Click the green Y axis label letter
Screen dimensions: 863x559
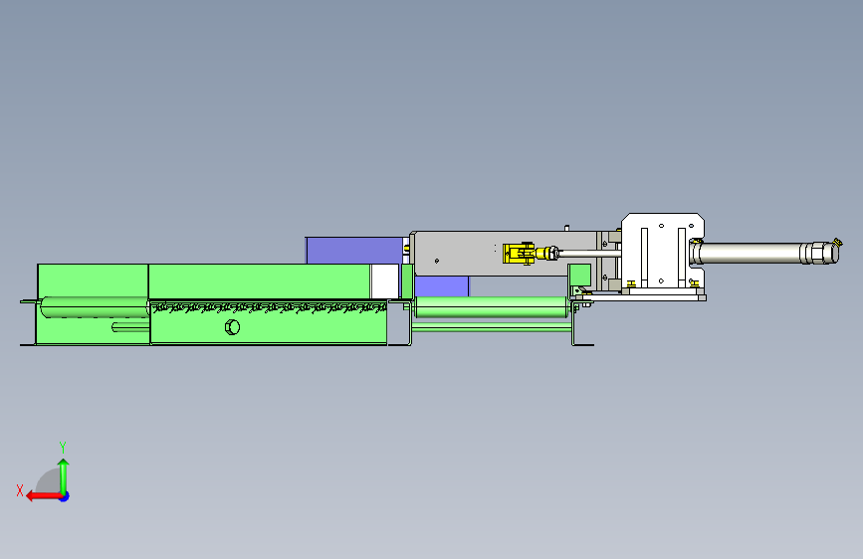tap(63, 447)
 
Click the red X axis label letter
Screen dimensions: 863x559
tap(20, 490)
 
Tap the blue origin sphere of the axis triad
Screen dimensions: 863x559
tap(65, 496)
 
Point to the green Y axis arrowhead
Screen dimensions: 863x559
tap(64, 464)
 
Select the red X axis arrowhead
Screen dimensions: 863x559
tap(31, 496)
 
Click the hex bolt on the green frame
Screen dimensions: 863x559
tap(232, 327)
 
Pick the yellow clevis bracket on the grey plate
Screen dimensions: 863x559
tap(518, 253)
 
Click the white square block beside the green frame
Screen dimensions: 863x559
tap(384, 281)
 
